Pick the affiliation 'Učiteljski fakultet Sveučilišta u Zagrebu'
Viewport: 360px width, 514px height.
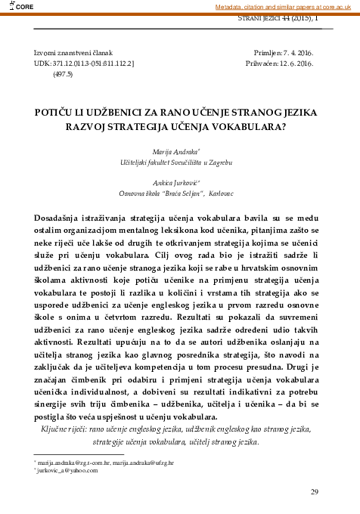[x=181, y=163]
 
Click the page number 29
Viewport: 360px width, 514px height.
[x=315, y=492]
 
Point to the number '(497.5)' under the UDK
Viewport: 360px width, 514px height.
[x=63, y=76]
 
